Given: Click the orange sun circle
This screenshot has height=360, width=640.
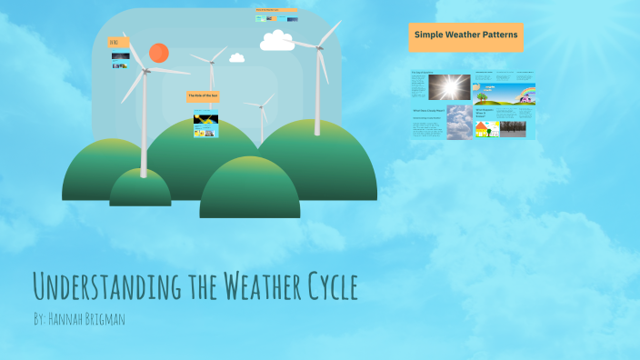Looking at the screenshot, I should click(159, 53).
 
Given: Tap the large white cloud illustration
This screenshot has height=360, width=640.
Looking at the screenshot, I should click(277, 41).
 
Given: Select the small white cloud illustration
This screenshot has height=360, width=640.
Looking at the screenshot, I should click(237, 58).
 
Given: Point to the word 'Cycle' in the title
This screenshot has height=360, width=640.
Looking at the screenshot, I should click(324, 286).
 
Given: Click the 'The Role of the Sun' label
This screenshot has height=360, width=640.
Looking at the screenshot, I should click(203, 95).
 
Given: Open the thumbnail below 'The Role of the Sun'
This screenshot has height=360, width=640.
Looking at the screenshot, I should click(205, 125).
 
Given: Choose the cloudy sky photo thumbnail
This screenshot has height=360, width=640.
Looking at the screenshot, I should click(459, 122).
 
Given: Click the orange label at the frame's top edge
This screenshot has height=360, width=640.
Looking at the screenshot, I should click(276, 11).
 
